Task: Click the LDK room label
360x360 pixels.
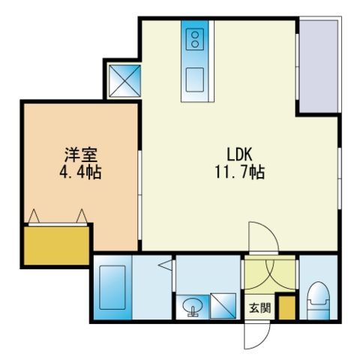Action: click(239, 154)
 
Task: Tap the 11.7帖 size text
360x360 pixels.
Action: click(240, 172)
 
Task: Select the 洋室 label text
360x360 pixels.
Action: click(81, 155)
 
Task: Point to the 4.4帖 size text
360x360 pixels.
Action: click(80, 172)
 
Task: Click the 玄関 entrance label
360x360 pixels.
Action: click(260, 308)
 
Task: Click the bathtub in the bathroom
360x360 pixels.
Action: click(112, 287)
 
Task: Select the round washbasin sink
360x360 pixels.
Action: click(193, 306)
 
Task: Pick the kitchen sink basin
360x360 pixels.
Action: click(195, 79)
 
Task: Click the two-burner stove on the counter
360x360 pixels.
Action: click(195, 39)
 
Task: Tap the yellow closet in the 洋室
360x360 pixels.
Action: click(57, 245)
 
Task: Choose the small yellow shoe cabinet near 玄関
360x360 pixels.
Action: click(286, 307)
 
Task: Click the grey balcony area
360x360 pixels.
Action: click(319, 66)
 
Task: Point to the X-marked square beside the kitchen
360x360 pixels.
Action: click(124, 81)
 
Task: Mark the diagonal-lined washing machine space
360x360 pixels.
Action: click(223, 306)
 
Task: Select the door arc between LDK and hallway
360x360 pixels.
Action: click(271, 231)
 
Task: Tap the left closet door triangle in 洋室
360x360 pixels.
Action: click(34, 217)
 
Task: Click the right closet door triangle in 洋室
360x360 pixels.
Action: click(82, 217)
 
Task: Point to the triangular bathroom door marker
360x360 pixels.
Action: click(166, 265)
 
